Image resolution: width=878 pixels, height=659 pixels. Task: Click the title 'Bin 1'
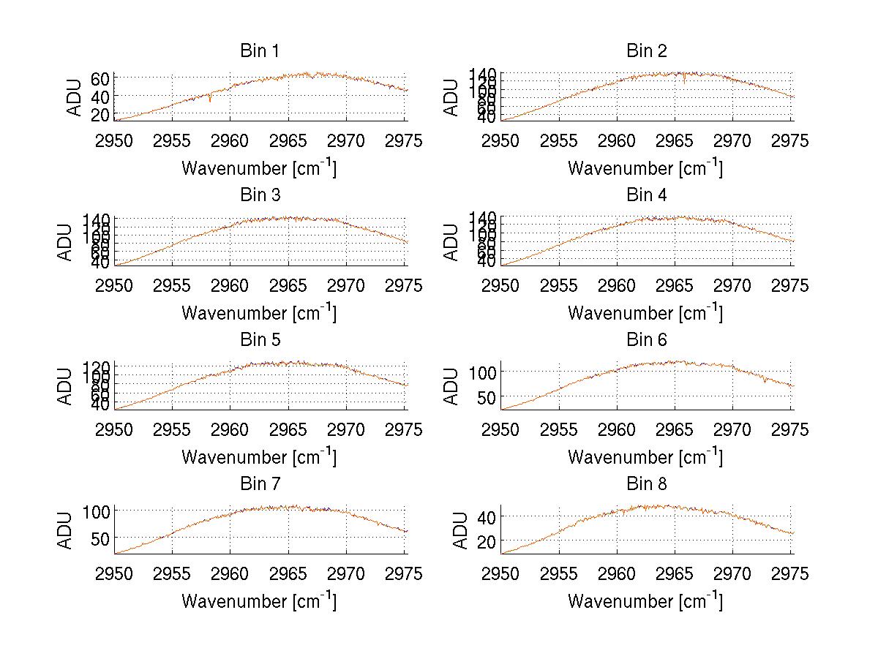[259, 51]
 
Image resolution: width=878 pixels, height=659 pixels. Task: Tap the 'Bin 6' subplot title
[646, 340]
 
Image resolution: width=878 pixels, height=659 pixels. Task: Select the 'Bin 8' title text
[646, 484]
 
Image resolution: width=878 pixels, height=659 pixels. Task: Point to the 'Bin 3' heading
[259, 195]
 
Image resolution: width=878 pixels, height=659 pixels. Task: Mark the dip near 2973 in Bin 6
[765, 381]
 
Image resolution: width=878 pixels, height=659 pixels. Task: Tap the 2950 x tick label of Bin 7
[115, 573]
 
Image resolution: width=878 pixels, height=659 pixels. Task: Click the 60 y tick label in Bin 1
[100, 78]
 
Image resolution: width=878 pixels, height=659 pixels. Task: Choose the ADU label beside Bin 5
[66, 386]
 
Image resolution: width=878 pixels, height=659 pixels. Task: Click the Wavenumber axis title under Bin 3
[259, 312]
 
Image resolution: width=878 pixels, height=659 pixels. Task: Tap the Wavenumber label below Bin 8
[645, 600]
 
